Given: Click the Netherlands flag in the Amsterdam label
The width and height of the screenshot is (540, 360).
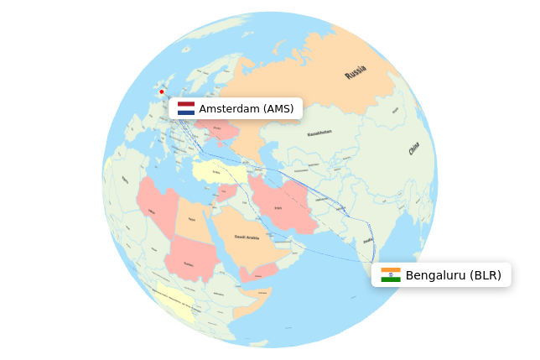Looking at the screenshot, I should [x=185, y=108].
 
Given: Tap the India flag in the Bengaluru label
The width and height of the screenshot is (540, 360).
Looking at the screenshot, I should [x=390, y=275].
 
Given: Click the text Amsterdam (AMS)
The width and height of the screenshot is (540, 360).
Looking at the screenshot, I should [x=246, y=109].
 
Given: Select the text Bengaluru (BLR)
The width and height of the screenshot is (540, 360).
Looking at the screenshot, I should [x=453, y=275].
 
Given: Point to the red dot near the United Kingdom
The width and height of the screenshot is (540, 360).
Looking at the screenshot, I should [x=162, y=91].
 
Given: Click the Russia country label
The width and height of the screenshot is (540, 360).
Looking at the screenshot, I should [x=356, y=72].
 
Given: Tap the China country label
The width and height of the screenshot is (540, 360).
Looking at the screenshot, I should [x=413, y=149].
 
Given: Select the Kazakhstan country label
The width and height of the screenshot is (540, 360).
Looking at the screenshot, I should [x=319, y=133].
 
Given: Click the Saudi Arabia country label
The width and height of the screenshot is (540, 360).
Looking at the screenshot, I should [x=247, y=237].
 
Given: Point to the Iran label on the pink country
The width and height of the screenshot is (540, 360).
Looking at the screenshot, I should [x=278, y=207].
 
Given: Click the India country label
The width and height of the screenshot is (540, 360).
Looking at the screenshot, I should [x=367, y=241].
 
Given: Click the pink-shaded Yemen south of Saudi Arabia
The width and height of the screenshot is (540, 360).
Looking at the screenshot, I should [x=257, y=273].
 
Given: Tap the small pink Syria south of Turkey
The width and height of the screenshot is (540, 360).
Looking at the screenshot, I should [x=226, y=190].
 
